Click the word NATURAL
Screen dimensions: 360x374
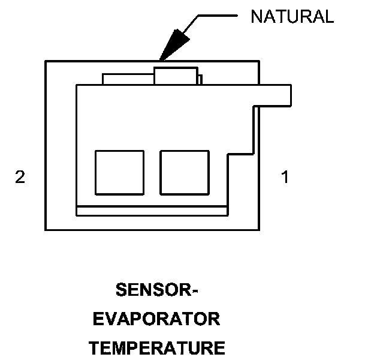(292, 17)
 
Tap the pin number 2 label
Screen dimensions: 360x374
(20, 178)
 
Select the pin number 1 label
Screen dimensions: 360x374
(285, 177)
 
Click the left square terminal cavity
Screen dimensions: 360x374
(119, 172)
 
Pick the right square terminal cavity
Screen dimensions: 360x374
(184, 172)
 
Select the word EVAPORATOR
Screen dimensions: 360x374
(157, 319)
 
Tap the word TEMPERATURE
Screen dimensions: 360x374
(157, 348)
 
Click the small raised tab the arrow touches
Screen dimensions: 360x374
(175, 76)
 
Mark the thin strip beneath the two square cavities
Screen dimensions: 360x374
(152, 210)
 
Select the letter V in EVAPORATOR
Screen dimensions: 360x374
(110, 319)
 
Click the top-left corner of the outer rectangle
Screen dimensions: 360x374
(46, 60)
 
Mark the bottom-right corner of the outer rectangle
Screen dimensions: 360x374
(260, 229)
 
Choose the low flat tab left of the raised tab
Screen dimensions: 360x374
(128, 80)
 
